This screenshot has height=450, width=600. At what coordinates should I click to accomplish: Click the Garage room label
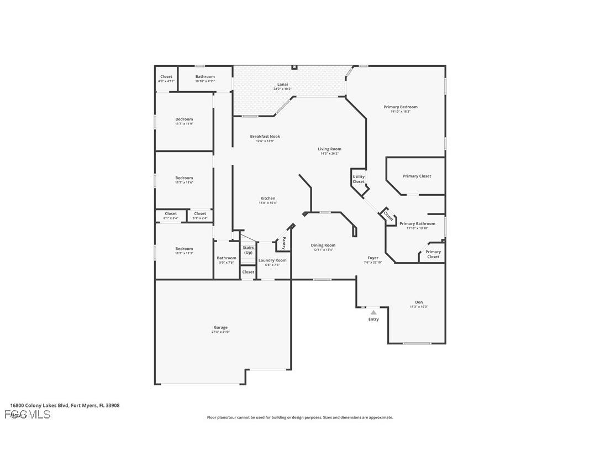pos(220,327)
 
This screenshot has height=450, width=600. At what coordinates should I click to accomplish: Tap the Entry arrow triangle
pos(373,313)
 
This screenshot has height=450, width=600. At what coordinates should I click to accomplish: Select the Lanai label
pos(282,85)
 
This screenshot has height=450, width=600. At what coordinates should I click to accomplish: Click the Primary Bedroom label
pos(401,107)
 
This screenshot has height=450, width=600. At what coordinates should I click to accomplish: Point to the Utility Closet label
pos(359,179)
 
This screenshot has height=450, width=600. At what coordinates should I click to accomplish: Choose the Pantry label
pos(284,243)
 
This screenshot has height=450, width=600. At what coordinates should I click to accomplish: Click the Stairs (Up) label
pos(248,250)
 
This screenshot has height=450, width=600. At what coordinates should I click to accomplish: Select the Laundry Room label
pos(272,260)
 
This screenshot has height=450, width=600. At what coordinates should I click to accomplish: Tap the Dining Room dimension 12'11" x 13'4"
pos(323,250)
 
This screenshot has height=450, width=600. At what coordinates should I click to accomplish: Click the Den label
pos(419,302)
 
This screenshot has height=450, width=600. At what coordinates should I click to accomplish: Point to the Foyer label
pos(373,258)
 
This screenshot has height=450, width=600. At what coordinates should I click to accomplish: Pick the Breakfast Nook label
pos(265,136)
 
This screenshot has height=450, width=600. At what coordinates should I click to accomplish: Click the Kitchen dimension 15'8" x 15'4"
pos(268,203)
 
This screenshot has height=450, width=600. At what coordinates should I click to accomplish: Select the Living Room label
pos(329,149)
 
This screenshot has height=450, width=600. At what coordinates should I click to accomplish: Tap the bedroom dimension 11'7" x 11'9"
pos(184,124)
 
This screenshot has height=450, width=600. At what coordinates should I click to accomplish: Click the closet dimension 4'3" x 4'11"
pos(166,81)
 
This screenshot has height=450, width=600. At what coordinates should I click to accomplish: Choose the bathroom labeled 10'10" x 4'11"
pos(205,77)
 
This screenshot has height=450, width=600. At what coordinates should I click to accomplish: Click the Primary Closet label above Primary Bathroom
pos(417,176)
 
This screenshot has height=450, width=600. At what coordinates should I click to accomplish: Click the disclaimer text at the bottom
pos(300,417)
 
